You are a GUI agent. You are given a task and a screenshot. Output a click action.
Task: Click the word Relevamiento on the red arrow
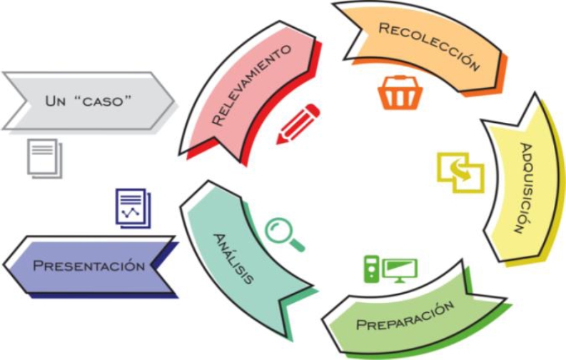click(252, 85)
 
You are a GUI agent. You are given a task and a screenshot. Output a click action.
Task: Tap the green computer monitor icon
click(399, 269)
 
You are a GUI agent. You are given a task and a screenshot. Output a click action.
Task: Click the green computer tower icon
click(371, 268)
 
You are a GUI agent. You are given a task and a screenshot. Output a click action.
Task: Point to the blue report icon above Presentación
click(132, 208)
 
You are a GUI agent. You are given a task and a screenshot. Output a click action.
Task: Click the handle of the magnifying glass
click(295, 245)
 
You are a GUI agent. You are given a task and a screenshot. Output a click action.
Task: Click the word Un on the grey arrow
click(56, 100)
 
